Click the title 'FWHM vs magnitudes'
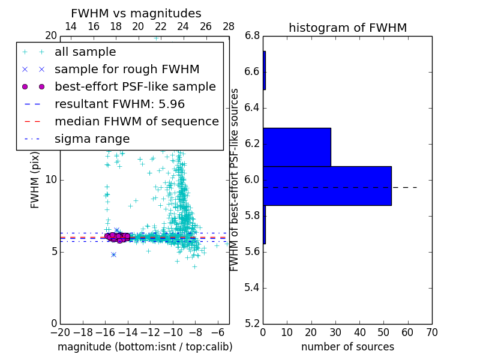point(136,14)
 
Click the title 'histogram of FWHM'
point(347,28)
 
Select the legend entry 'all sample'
point(85,52)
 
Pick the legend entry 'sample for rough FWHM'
point(127,69)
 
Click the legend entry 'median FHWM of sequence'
point(136,121)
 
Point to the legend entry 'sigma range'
point(92,139)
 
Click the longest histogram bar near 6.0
point(327,186)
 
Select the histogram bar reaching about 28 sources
point(297,147)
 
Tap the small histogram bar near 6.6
point(264,70)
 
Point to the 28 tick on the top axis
point(229,27)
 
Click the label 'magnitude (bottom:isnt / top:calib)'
point(145,347)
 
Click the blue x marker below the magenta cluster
point(113,254)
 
